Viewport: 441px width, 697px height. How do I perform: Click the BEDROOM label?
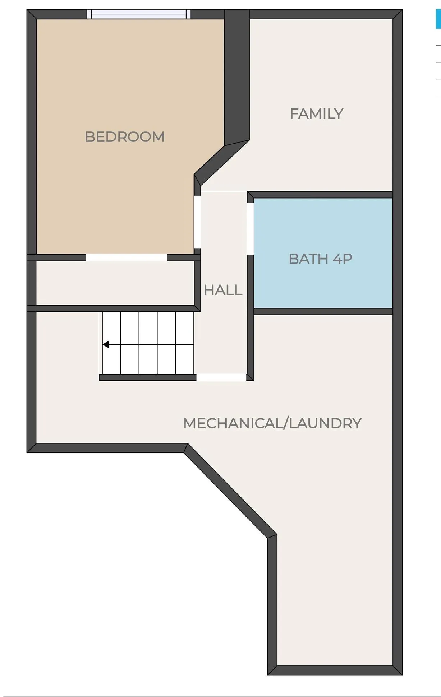click(125, 137)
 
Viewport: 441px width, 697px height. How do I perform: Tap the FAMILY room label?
click(316, 114)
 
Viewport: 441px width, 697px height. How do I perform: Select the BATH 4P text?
click(320, 259)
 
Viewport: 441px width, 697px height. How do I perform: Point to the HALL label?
click(223, 290)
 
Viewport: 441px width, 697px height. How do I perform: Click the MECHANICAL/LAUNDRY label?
click(272, 423)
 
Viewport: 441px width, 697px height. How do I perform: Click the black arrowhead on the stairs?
click(106, 345)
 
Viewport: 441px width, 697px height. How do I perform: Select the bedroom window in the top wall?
click(139, 14)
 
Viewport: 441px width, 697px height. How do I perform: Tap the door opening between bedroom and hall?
click(197, 222)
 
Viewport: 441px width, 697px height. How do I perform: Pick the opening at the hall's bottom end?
click(221, 377)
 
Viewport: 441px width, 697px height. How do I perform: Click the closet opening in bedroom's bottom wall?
click(127, 257)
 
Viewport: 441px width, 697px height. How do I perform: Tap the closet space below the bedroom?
click(115, 283)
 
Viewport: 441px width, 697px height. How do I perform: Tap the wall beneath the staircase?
click(147, 377)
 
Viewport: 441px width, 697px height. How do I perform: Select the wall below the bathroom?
click(323, 311)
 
